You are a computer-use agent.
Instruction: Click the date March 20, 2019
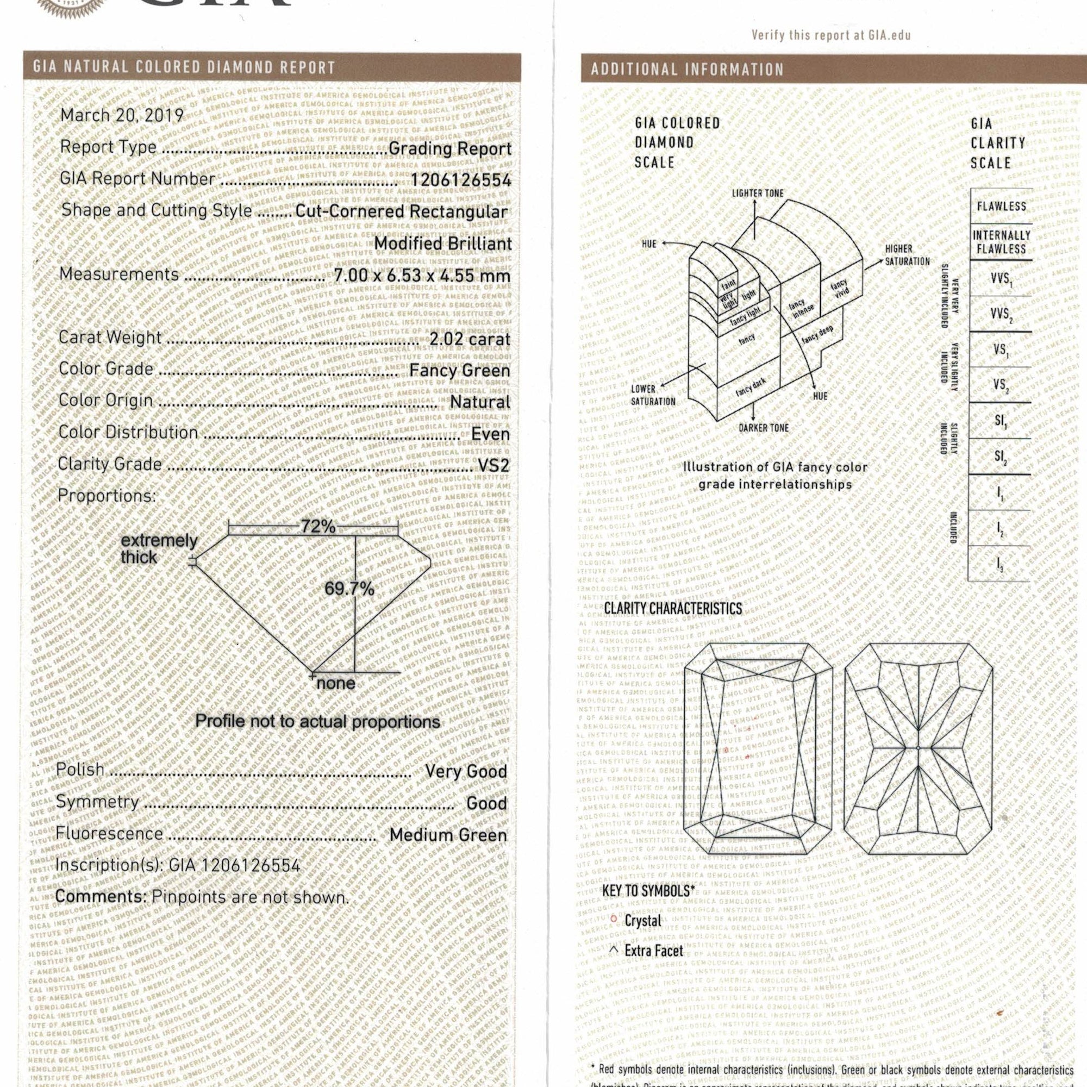(x=122, y=115)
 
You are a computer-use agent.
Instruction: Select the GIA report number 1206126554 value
(x=461, y=180)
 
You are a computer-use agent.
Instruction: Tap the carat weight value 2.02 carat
(x=470, y=339)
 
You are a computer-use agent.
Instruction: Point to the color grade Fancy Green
(x=460, y=370)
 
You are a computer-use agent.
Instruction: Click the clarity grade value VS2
(x=493, y=465)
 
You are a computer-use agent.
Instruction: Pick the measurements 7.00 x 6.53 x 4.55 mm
(x=422, y=276)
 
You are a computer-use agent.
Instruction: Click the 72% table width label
(x=318, y=526)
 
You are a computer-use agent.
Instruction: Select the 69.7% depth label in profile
(x=349, y=589)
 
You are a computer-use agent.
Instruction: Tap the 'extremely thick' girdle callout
(x=159, y=548)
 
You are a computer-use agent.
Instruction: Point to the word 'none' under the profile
(x=336, y=683)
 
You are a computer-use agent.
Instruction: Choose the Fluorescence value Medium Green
(x=448, y=835)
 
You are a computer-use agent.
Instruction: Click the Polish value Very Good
(x=466, y=771)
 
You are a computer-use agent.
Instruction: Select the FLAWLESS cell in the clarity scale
(x=1001, y=207)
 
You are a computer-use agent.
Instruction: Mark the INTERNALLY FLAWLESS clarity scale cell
(x=1001, y=242)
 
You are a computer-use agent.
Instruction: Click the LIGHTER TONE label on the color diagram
(x=757, y=193)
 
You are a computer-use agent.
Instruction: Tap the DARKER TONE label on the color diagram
(x=764, y=428)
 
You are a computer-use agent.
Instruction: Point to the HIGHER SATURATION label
(x=907, y=255)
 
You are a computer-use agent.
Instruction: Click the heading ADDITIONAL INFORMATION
(x=687, y=70)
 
